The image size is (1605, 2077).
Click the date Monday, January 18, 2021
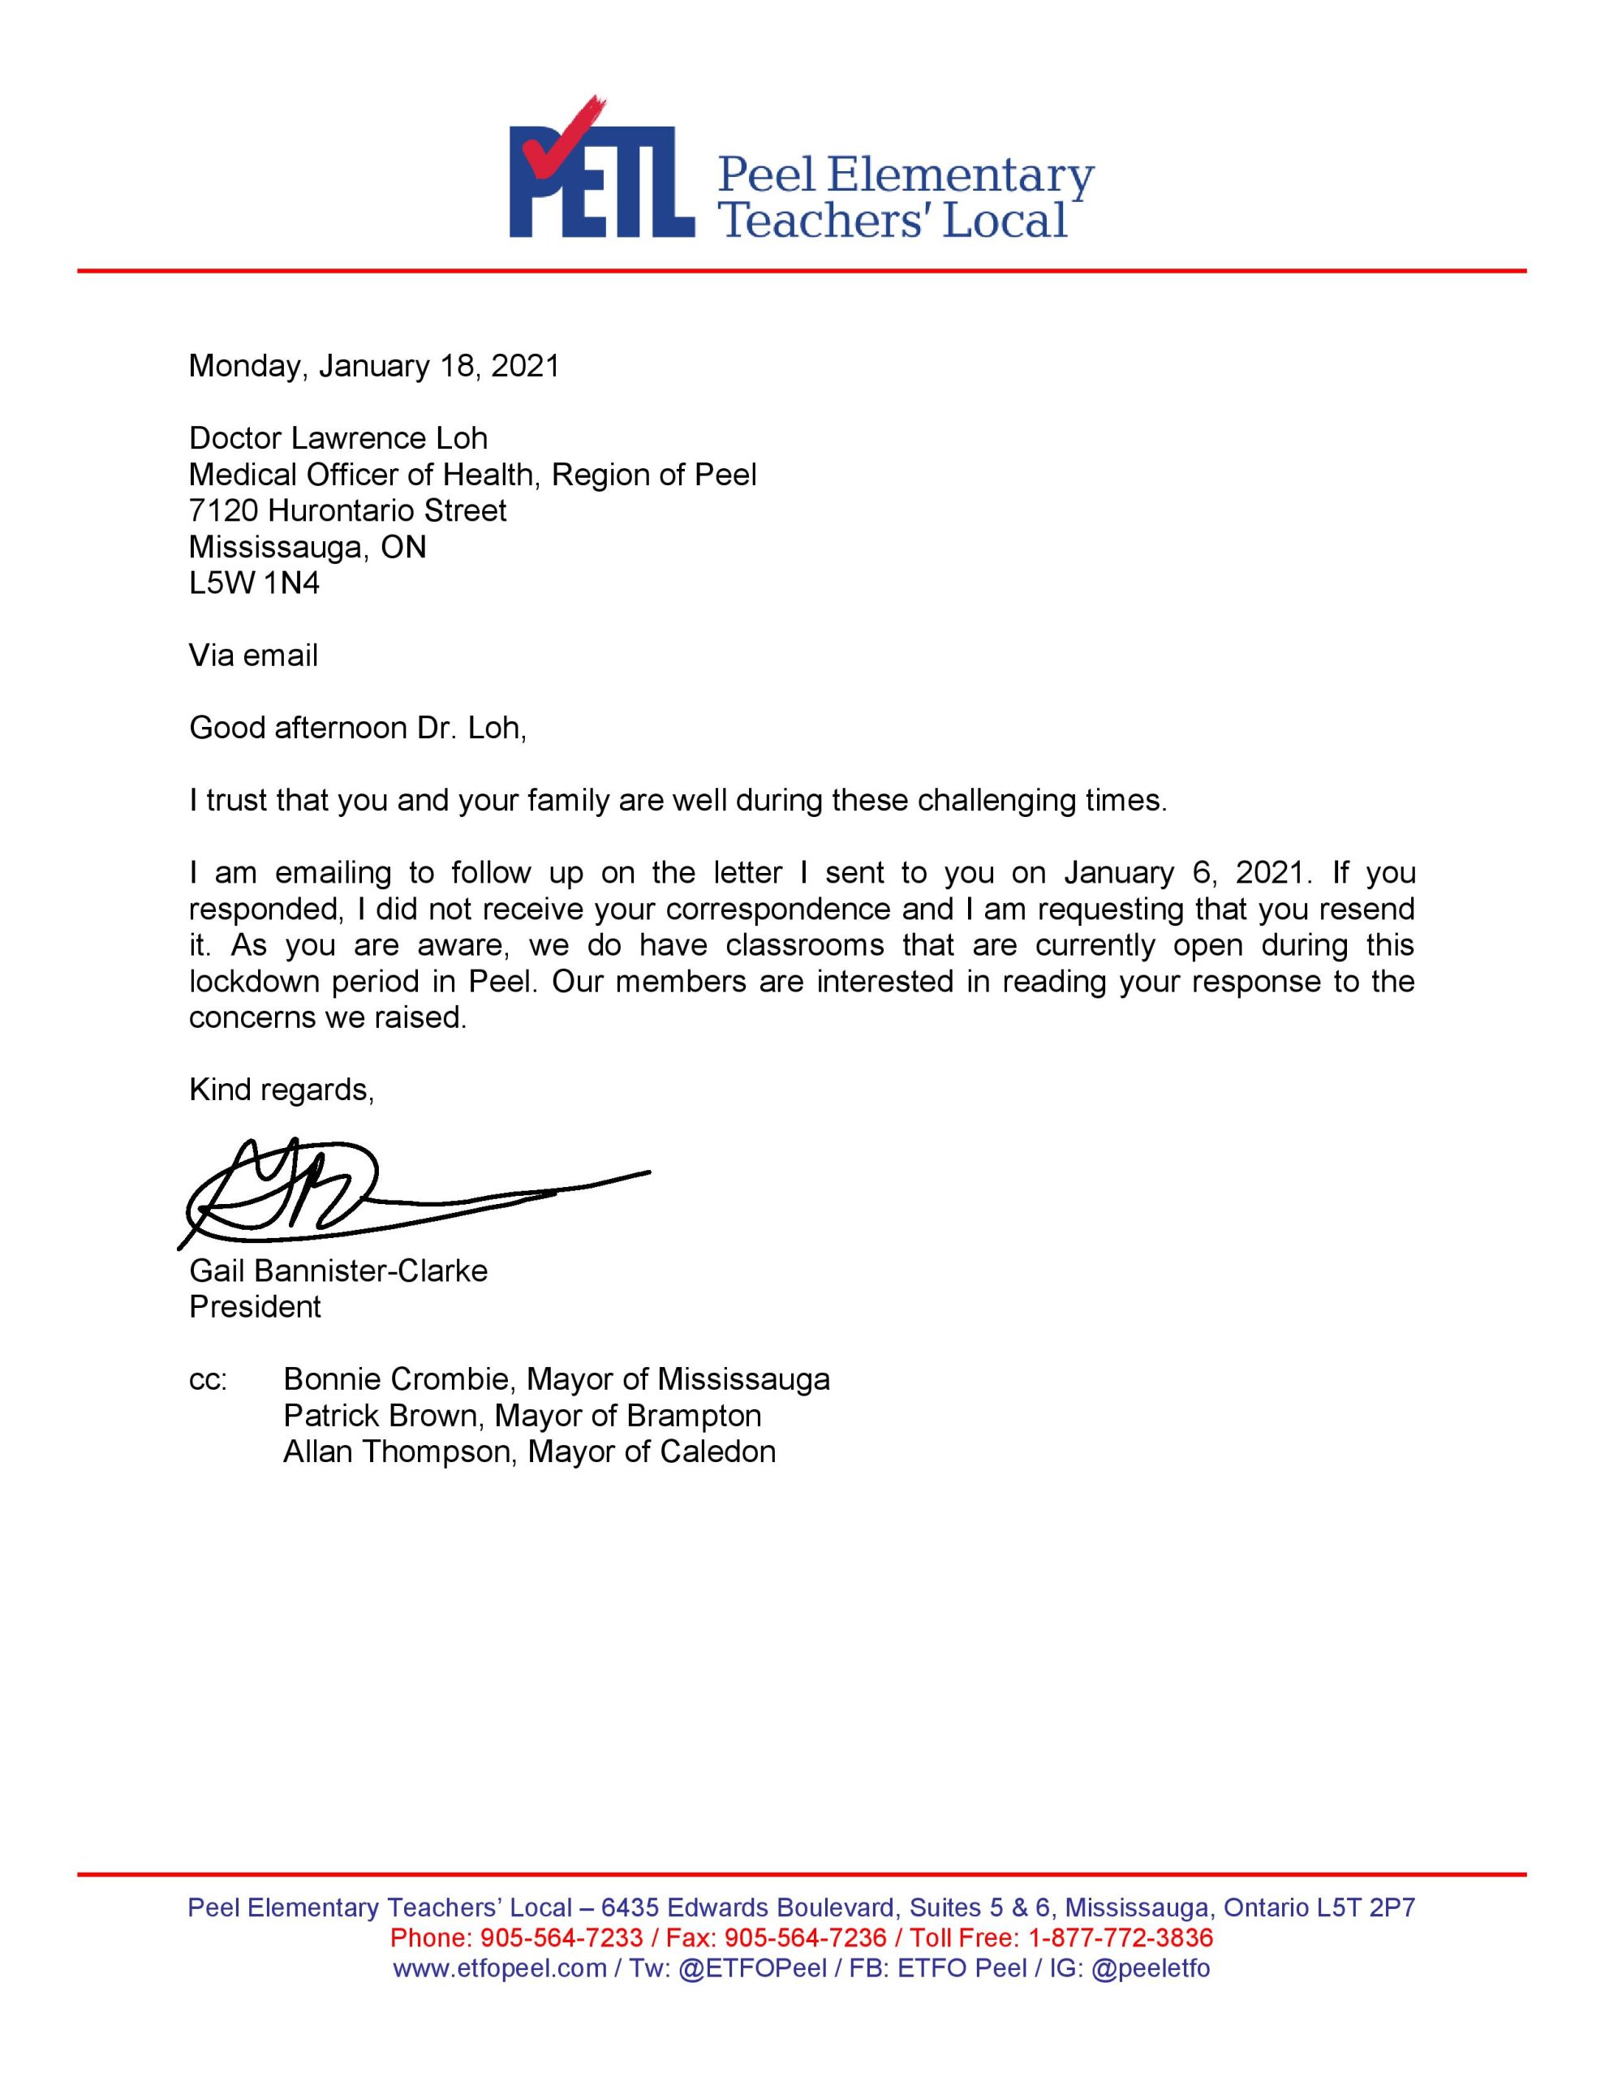point(374,366)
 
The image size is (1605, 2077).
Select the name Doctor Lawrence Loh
point(338,438)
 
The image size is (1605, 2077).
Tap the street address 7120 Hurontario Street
point(347,510)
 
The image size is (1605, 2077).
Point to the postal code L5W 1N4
point(254,583)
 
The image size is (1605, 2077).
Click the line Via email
point(253,656)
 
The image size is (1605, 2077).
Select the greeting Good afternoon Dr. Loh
point(357,728)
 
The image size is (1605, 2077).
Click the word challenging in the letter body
point(996,801)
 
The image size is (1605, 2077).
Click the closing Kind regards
point(282,1089)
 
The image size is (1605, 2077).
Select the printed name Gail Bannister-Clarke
point(338,1271)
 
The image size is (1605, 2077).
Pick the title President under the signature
point(255,1307)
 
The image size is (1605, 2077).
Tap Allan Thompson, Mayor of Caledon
point(529,1451)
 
